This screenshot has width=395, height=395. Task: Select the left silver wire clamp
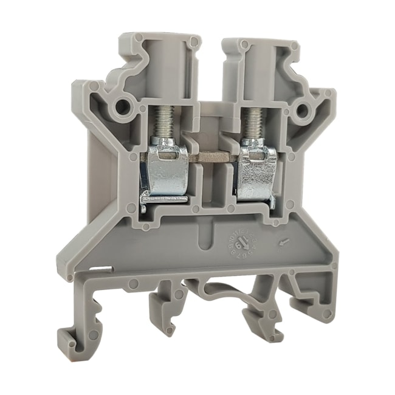(168, 173)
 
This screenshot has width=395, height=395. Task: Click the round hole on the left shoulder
(122, 107)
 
